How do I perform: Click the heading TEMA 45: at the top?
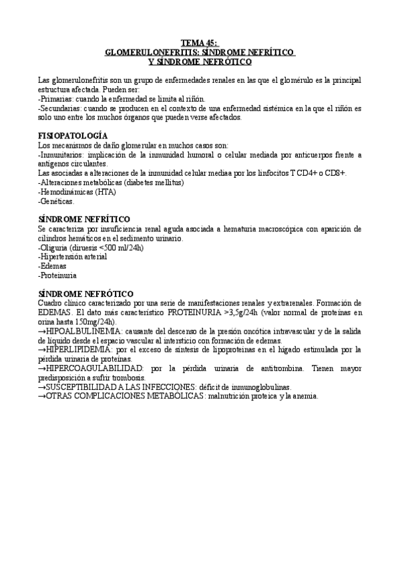[200, 41]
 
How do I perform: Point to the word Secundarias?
[61, 108]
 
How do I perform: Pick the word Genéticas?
[57, 201]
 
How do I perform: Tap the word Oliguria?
[56, 247]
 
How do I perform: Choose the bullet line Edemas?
[54, 265]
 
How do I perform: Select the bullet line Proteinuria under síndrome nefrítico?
[58, 275]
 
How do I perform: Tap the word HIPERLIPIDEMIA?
[83, 350]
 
